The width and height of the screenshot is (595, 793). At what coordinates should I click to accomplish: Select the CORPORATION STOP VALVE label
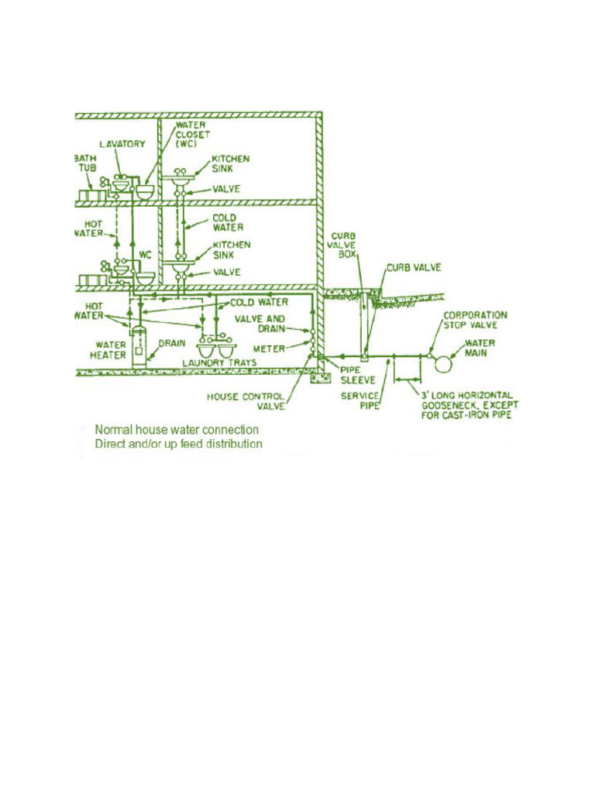[475, 321]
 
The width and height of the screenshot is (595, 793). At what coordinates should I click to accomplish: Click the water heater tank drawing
[139, 345]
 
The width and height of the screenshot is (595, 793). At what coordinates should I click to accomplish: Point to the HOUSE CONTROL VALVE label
[246, 401]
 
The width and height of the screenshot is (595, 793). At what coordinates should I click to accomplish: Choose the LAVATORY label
[122, 144]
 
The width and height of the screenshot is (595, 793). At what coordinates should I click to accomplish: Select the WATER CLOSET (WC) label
[193, 133]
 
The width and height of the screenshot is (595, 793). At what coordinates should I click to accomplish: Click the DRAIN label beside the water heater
[171, 343]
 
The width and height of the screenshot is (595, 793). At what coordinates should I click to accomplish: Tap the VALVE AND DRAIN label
[260, 324]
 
